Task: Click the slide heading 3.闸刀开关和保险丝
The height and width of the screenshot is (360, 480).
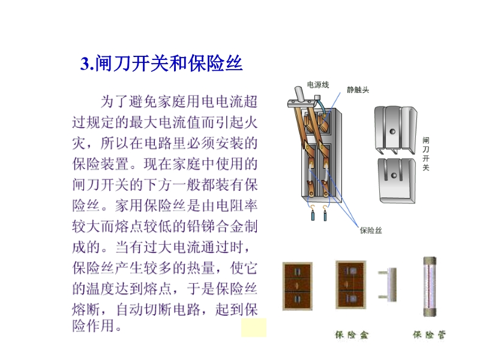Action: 161,64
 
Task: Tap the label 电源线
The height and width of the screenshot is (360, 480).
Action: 318,85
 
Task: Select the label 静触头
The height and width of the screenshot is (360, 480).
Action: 358,89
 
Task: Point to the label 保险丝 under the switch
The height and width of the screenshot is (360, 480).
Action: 371,230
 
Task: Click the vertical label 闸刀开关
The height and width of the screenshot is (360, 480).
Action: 426,154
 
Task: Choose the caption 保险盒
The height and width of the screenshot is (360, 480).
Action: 352,335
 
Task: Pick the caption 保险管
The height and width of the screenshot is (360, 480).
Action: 429,335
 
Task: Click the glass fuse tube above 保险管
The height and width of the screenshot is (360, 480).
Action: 430,287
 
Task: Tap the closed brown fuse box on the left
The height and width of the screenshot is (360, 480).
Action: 297,286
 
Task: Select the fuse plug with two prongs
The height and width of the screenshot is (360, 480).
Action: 388,284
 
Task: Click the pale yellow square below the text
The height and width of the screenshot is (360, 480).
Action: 254,328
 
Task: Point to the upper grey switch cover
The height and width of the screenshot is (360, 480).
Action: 395,130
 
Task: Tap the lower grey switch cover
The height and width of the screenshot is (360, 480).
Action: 397,181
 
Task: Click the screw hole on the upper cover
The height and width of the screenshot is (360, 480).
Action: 392,131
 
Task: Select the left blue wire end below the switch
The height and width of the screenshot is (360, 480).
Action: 313,215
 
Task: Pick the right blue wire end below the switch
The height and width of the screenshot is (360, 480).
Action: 325,215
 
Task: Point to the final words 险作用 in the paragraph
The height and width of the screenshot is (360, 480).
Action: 94,325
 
